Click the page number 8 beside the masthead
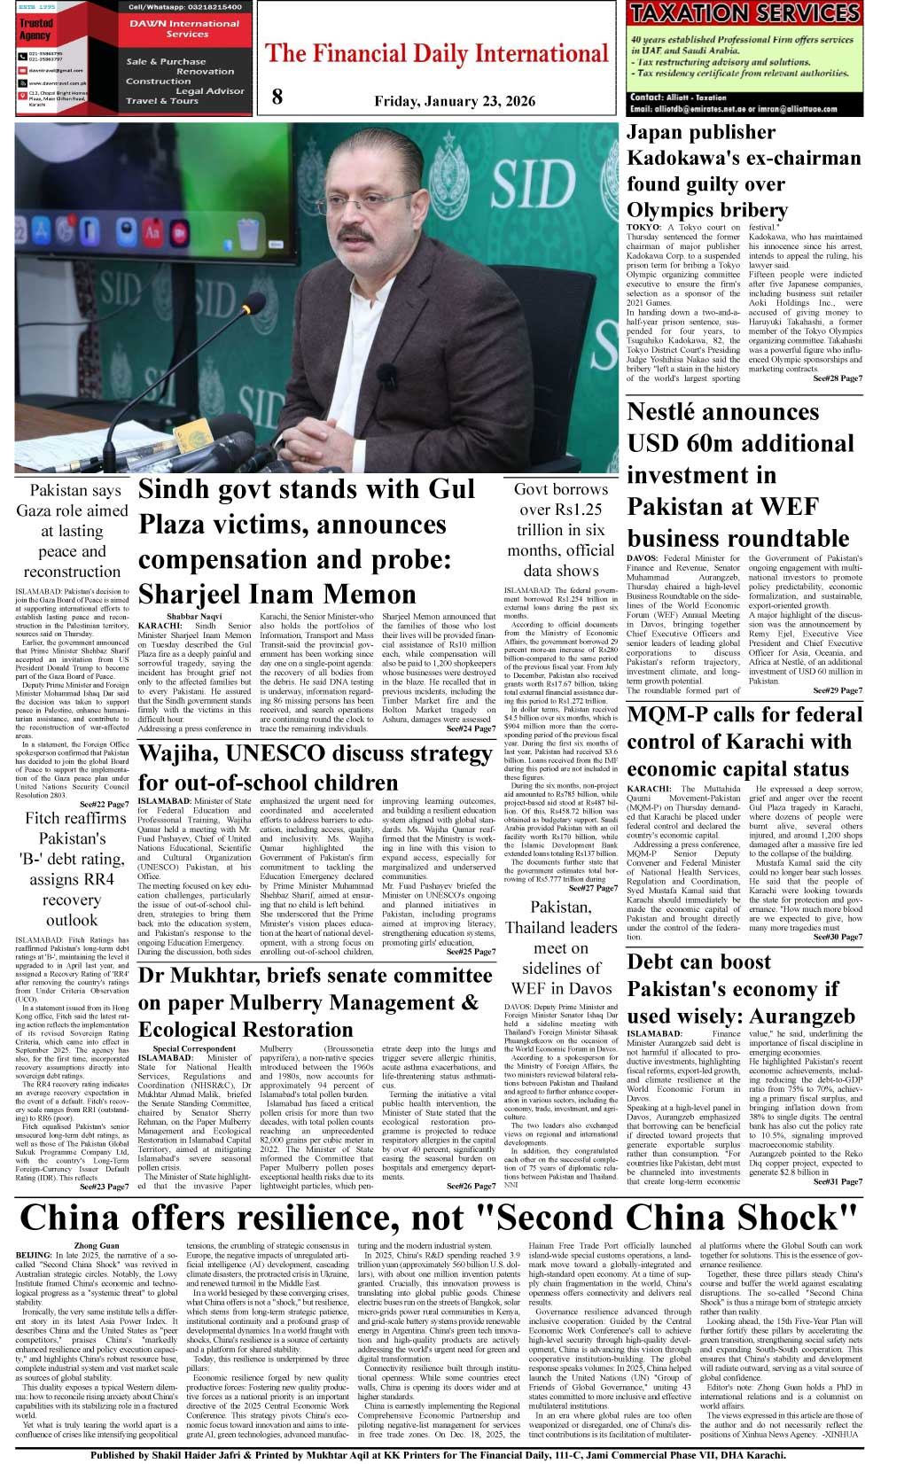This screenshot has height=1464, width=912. [277, 97]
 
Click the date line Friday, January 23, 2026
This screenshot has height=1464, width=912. [455, 101]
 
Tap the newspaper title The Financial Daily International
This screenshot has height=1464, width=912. [436, 55]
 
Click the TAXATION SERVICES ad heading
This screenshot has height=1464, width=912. [744, 14]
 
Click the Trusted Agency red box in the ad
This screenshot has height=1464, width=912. [35, 29]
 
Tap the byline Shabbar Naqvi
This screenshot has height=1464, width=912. [194, 616]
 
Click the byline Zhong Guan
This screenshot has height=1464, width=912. [97, 1245]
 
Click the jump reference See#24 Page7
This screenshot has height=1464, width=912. [471, 729]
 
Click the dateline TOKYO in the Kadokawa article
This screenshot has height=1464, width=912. [644, 228]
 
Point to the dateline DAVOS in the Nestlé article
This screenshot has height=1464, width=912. [643, 559]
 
